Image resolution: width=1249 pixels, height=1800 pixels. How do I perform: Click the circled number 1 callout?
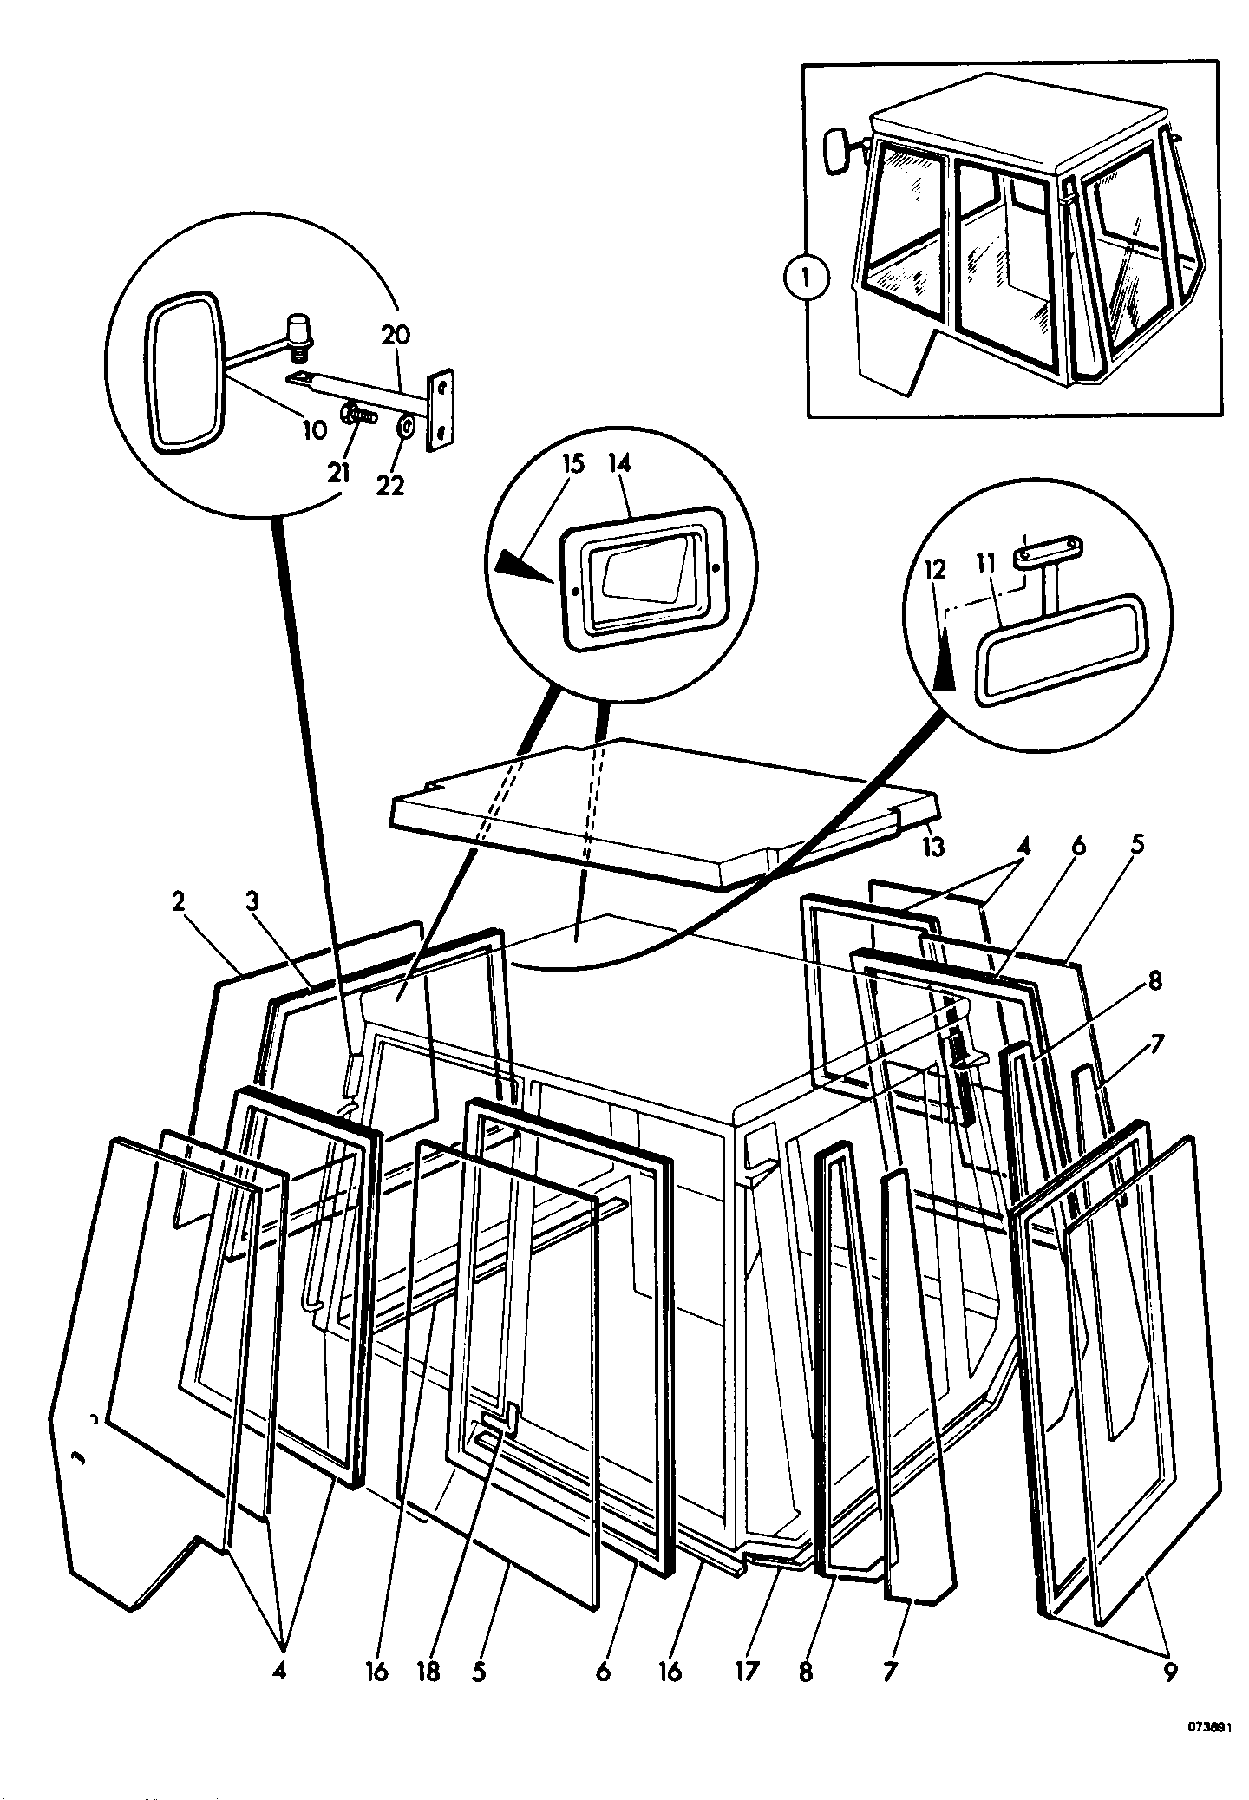[806, 279]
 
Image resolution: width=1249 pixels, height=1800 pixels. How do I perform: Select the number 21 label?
[340, 474]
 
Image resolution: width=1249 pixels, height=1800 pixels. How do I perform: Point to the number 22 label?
[391, 486]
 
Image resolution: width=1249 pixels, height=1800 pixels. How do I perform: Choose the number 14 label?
[618, 463]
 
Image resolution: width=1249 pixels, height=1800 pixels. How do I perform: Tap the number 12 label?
[936, 569]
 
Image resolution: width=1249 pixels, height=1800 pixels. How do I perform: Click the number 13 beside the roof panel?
[932, 846]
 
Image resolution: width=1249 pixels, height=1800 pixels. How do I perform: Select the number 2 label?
[179, 902]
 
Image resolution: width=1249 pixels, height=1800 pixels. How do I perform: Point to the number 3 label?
[252, 902]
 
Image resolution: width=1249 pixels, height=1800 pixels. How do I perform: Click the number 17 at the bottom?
[747, 1671]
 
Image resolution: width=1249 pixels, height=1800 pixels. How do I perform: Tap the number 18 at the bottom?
[428, 1671]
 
